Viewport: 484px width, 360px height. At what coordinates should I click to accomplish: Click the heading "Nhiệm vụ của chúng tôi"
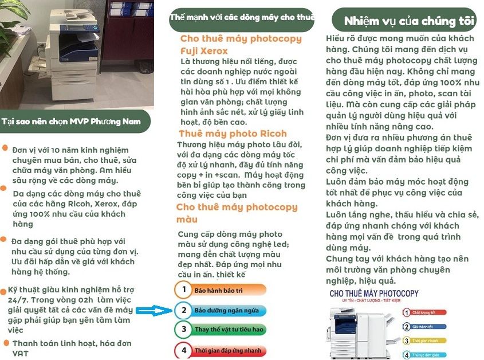409,22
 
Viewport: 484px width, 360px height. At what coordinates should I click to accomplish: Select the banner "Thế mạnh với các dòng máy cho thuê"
242,18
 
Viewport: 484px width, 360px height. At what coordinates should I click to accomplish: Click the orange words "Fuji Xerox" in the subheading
204,51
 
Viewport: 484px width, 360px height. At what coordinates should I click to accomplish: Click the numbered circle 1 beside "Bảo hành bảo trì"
183,289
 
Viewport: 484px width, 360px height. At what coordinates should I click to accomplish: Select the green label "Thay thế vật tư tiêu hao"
229,330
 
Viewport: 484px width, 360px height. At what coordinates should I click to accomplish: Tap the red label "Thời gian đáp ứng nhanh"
229,350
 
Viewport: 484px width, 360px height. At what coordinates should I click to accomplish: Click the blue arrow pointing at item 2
155,311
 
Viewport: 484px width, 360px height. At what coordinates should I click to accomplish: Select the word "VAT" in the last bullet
21,354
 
